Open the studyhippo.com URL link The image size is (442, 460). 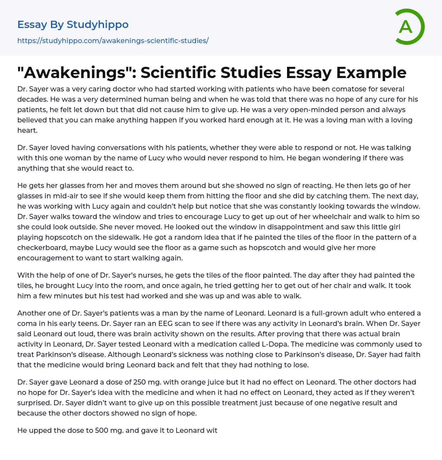point(113,41)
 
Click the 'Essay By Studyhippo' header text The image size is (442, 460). point(73,25)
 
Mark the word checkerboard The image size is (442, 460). point(44,247)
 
